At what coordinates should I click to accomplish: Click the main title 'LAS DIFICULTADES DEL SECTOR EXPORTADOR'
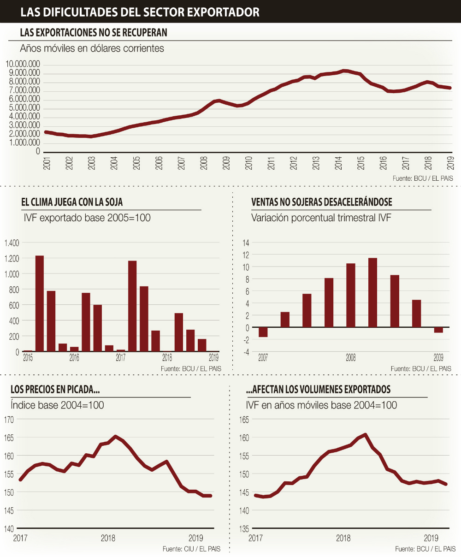(140, 12)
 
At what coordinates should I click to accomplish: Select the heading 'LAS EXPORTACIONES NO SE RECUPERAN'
(94, 33)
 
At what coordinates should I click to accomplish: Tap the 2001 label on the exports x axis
(47, 163)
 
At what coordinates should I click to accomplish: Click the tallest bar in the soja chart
(40, 303)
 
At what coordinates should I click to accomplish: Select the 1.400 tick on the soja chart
(12, 243)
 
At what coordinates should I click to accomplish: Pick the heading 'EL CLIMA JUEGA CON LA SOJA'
(72, 202)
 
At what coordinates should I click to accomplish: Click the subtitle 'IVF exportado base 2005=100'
(87, 218)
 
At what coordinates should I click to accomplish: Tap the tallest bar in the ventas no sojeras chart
(372, 292)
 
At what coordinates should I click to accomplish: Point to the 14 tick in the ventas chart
(246, 243)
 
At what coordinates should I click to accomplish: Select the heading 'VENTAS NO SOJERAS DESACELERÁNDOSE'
(322, 202)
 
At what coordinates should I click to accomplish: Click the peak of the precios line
(115, 436)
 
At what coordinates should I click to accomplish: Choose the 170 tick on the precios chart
(9, 419)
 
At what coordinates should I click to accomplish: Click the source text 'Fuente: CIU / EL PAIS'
(191, 549)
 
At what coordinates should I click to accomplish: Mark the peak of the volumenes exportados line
(365, 434)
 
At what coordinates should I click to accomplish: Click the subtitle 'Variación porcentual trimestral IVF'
(321, 218)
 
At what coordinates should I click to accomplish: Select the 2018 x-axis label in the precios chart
(108, 538)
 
